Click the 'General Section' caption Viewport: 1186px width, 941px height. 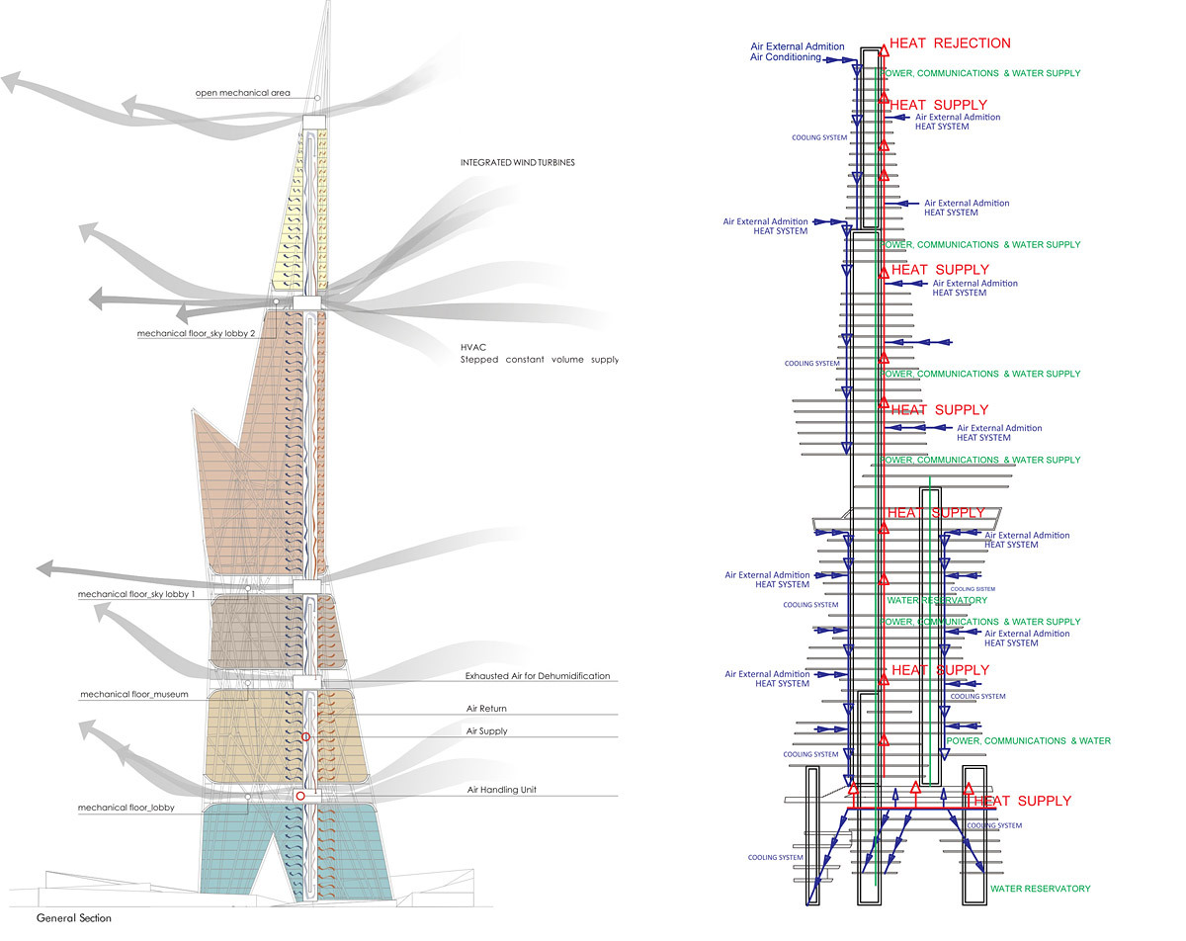pos(74,918)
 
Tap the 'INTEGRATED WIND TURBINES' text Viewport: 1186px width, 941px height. pos(518,162)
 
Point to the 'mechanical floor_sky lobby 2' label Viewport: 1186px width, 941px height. pos(197,334)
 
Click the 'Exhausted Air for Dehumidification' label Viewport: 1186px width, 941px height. pos(538,676)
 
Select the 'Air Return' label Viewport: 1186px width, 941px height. pos(486,709)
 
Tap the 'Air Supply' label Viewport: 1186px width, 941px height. pos(486,731)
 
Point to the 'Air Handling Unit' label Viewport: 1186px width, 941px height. pos(502,790)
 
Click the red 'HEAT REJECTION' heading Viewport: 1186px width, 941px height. pos(950,43)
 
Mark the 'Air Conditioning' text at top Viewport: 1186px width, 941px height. pos(786,58)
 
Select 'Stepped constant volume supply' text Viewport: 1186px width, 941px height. pos(539,360)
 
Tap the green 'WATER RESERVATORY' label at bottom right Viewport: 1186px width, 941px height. pos(1041,889)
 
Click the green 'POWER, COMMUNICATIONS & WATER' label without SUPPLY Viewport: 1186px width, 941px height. pos(1028,740)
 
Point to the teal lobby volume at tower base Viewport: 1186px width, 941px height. pos(237,850)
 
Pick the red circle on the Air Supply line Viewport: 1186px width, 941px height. pos(305,737)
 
